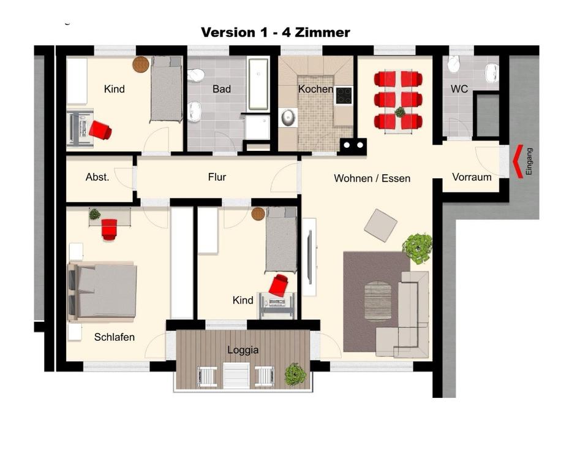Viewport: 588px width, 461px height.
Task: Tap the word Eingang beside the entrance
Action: [x=529, y=161]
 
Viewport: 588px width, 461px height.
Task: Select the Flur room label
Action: [x=217, y=177]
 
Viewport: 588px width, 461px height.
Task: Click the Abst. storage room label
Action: [x=97, y=177]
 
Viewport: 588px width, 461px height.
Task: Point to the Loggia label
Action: [x=243, y=350]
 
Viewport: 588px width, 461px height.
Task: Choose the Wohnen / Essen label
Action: [x=372, y=178]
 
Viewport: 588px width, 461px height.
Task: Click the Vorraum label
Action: [x=472, y=177]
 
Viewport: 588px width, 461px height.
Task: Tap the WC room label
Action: [x=459, y=89]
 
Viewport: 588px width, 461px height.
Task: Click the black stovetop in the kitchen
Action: [x=344, y=96]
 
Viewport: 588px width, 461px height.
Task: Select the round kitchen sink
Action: [x=288, y=117]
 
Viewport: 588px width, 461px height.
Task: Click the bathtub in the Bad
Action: [x=258, y=84]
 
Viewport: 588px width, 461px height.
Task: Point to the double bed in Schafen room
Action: [x=102, y=291]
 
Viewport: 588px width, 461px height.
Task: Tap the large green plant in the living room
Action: [x=417, y=248]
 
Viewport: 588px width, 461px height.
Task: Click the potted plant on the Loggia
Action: [x=295, y=374]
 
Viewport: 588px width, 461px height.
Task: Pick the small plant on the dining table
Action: [x=400, y=112]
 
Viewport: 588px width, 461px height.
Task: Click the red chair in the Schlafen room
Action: [x=109, y=229]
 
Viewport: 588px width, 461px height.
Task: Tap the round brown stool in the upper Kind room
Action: [x=141, y=64]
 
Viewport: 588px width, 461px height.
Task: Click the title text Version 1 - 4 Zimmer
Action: [x=276, y=32]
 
